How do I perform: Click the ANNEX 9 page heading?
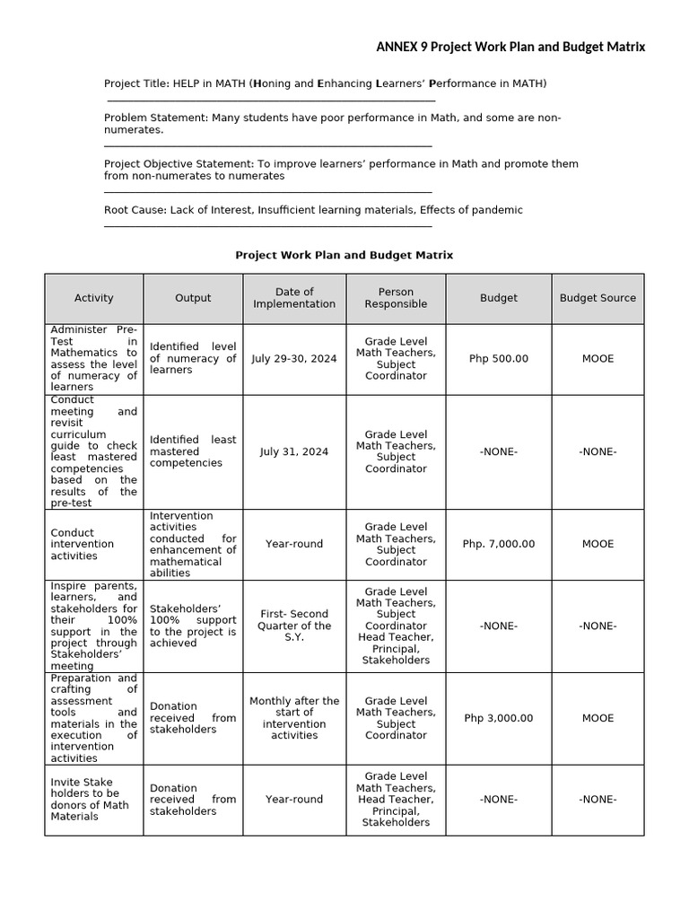pos(510,47)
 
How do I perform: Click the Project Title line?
pos(325,83)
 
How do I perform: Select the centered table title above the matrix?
pos(344,255)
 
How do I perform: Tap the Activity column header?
pos(94,298)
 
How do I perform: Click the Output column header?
pos(193,298)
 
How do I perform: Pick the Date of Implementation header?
pos(294,298)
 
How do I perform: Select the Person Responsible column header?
pos(396,298)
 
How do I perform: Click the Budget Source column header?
pos(597,298)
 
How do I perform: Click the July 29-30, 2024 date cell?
pos(294,358)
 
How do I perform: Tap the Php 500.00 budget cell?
pos(499,358)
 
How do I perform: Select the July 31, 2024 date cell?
pos(294,451)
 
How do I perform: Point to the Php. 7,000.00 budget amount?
pos(499,544)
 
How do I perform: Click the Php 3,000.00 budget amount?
pos(499,718)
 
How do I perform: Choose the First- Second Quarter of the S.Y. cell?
pos(294,626)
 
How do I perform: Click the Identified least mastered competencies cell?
pos(193,451)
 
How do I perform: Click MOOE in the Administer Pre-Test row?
pos(597,358)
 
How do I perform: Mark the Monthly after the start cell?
pos(294,718)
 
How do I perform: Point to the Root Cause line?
pos(313,210)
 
